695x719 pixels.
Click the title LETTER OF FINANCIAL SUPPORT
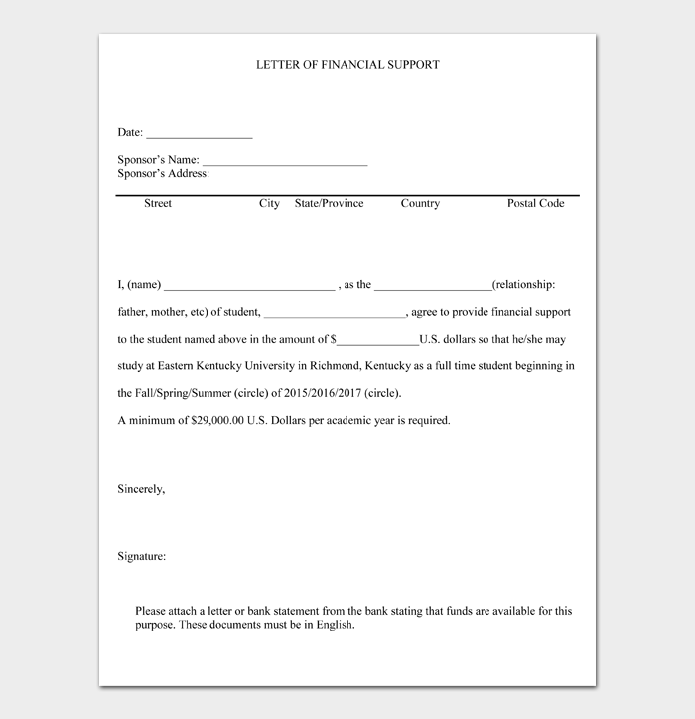point(347,65)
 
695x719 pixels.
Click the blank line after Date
point(200,134)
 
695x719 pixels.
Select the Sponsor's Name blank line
point(285,161)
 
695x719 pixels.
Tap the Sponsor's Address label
point(164,174)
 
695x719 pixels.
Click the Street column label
point(158,203)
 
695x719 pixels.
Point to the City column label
point(269,203)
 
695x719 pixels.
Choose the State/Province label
point(330,203)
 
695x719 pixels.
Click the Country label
point(420,203)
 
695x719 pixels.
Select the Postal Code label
point(536,203)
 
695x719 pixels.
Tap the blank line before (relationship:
point(433,287)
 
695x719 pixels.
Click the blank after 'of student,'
point(336,314)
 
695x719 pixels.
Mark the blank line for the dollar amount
point(378,341)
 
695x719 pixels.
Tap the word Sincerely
point(141,490)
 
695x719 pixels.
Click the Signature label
point(142,557)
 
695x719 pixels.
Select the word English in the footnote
point(334,626)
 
